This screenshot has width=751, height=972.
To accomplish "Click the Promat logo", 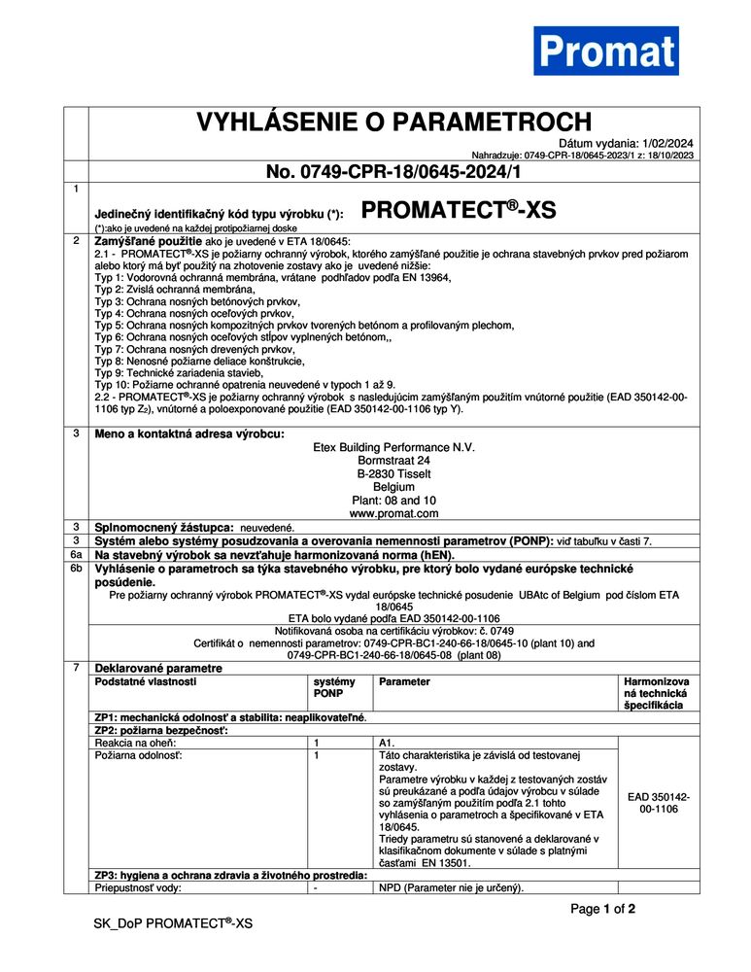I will click(x=605, y=51).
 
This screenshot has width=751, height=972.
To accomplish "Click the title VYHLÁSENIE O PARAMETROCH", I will click(x=393, y=121).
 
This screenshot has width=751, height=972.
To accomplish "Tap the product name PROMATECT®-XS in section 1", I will click(x=459, y=211).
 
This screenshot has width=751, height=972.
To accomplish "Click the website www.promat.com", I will click(x=393, y=512).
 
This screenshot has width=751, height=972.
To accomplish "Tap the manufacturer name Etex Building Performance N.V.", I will click(x=393, y=447).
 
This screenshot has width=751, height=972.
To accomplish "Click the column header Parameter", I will click(x=405, y=682).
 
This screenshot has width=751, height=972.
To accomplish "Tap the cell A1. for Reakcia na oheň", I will click(x=387, y=743).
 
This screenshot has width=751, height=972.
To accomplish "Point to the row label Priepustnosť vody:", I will click(x=138, y=887).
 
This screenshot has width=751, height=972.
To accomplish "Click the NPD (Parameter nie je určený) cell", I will click(x=451, y=887).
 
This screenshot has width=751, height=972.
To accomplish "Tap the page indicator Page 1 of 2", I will click(x=602, y=910).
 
